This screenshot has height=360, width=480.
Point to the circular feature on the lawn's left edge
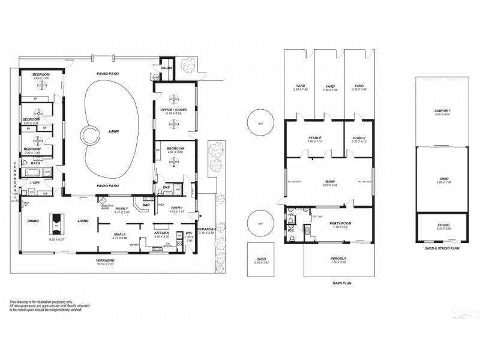click(91, 136)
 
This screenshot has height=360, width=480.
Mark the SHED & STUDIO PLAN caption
click(442, 247)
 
